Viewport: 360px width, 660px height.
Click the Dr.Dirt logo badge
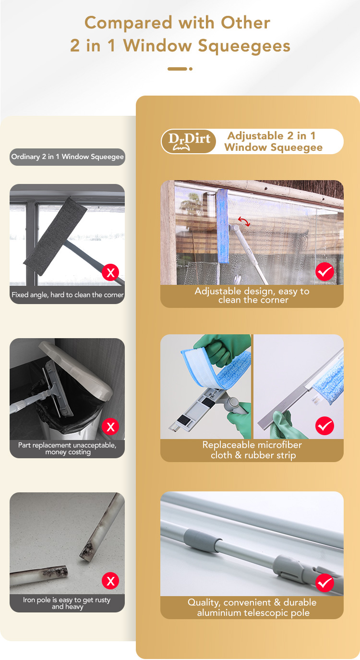[188, 141]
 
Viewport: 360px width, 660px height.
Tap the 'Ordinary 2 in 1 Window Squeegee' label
[67, 157]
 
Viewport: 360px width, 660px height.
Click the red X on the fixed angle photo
[110, 272]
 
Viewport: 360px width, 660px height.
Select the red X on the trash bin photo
[110, 427]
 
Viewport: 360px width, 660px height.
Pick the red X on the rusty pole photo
[110, 581]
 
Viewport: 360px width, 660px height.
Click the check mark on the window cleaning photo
[324, 272]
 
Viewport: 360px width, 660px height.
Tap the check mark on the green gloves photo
[324, 426]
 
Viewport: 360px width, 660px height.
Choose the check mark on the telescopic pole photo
[324, 583]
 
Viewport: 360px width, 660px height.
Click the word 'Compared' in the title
[128, 23]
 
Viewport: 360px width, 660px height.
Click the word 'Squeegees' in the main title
[244, 46]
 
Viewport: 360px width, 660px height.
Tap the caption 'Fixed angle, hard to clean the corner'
[67, 294]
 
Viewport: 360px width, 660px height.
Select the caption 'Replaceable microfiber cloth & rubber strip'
[252, 450]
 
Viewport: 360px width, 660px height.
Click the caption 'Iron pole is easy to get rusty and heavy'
[67, 603]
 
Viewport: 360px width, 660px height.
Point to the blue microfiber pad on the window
[223, 226]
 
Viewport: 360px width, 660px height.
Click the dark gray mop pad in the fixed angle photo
[55, 236]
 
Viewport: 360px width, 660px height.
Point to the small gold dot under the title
[191, 69]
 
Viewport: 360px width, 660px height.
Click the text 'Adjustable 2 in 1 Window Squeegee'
[273, 141]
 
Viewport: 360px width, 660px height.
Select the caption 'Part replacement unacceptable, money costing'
[67, 449]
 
